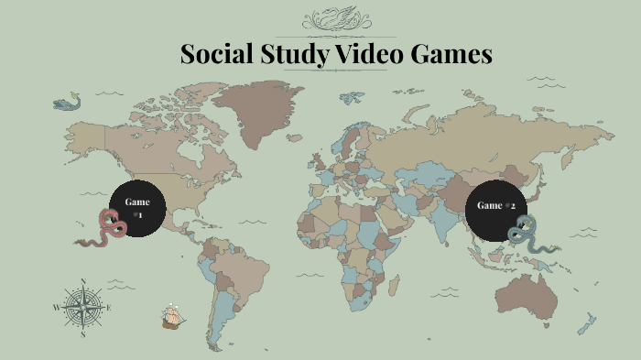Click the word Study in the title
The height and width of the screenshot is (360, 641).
click(291, 55)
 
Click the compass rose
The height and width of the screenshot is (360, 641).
click(82, 307)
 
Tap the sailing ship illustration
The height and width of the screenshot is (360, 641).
click(172, 317)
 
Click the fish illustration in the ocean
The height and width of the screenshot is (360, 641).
click(66, 102)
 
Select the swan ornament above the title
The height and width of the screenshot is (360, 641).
click(336, 19)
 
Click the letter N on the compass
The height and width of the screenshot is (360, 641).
click(83, 281)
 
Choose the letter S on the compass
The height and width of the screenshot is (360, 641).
click(83, 334)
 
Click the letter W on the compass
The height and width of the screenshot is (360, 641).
click(56, 308)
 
